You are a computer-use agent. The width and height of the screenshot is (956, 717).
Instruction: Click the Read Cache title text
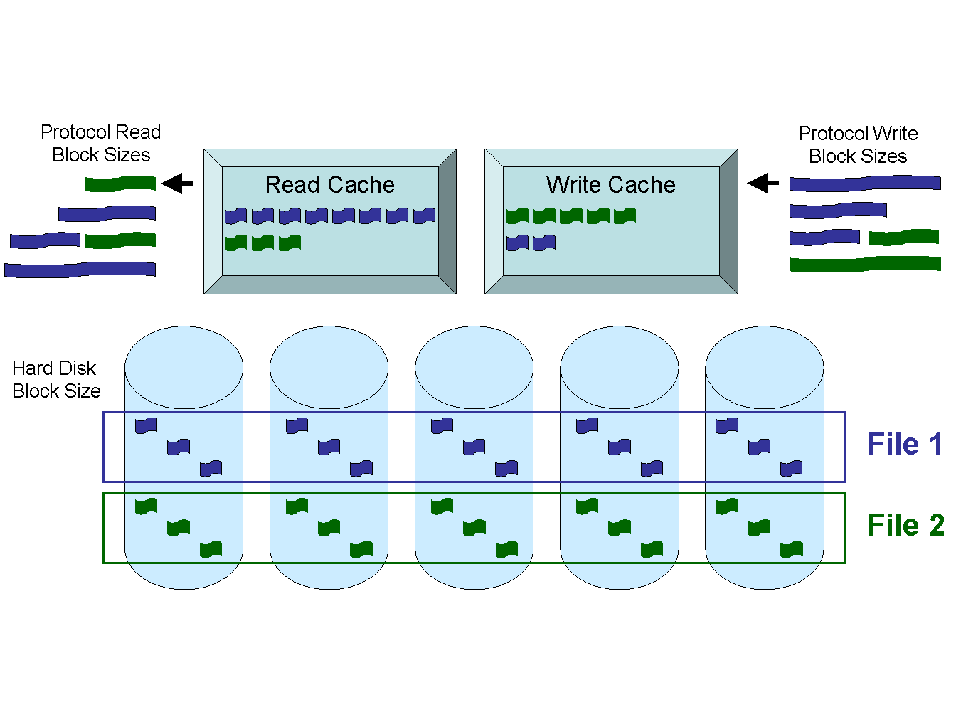coord(329,185)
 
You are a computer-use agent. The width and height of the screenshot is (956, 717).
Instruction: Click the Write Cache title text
coord(610,185)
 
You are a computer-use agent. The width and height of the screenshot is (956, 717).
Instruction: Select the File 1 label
coord(905,445)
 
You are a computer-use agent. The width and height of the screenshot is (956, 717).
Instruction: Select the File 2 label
coord(905,526)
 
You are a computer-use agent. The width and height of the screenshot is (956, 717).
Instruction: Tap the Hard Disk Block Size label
coord(56,380)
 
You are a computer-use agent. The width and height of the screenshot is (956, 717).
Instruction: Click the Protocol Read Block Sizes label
coord(100,144)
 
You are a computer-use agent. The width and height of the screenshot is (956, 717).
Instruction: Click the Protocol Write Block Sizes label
coord(858,145)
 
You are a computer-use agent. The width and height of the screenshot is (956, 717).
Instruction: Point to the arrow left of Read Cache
coord(177,184)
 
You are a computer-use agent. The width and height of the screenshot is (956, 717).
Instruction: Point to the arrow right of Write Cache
coord(763,184)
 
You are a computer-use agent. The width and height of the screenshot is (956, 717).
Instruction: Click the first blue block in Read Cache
coord(235,216)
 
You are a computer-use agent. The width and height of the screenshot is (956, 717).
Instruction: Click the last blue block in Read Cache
coord(424,216)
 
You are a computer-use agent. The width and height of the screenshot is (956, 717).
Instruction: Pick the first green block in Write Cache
coord(517,216)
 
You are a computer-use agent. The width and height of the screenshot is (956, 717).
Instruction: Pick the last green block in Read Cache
coord(290,243)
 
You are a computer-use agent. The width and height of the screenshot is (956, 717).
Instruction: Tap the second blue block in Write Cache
coord(544,243)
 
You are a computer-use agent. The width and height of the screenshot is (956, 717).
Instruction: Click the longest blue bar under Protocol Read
coord(80,270)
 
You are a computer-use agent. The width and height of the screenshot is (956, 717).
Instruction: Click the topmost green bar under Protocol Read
coord(120,184)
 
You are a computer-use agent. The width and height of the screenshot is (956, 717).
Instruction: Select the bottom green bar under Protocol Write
coord(865,264)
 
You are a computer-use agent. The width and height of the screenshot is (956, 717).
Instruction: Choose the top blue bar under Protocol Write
coord(865,184)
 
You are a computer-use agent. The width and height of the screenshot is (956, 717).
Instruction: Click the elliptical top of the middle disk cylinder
coord(474,367)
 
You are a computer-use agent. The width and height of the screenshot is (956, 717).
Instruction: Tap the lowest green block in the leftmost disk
coord(211,549)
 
